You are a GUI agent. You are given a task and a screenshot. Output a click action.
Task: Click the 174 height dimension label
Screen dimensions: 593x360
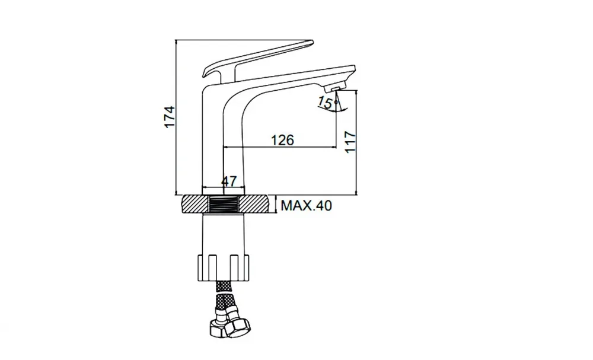click(x=170, y=117)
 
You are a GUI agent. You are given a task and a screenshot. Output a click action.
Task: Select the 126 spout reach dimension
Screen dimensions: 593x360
click(x=282, y=140)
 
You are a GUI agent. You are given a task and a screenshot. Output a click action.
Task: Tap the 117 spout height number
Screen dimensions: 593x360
click(x=350, y=142)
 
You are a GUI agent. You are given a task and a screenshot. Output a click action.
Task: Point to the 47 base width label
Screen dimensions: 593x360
click(x=229, y=181)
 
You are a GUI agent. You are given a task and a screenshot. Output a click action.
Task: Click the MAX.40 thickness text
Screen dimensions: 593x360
click(x=307, y=205)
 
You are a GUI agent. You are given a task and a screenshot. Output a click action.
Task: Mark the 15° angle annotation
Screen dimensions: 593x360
click(x=326, y=103)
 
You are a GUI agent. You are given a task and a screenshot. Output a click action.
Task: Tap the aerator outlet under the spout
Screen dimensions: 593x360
click(x=333, y=88)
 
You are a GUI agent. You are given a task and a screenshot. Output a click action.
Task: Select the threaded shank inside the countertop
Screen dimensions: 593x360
click(x=224, y=204)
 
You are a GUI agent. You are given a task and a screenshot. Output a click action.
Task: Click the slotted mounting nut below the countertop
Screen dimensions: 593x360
click(x=224, y=267)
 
